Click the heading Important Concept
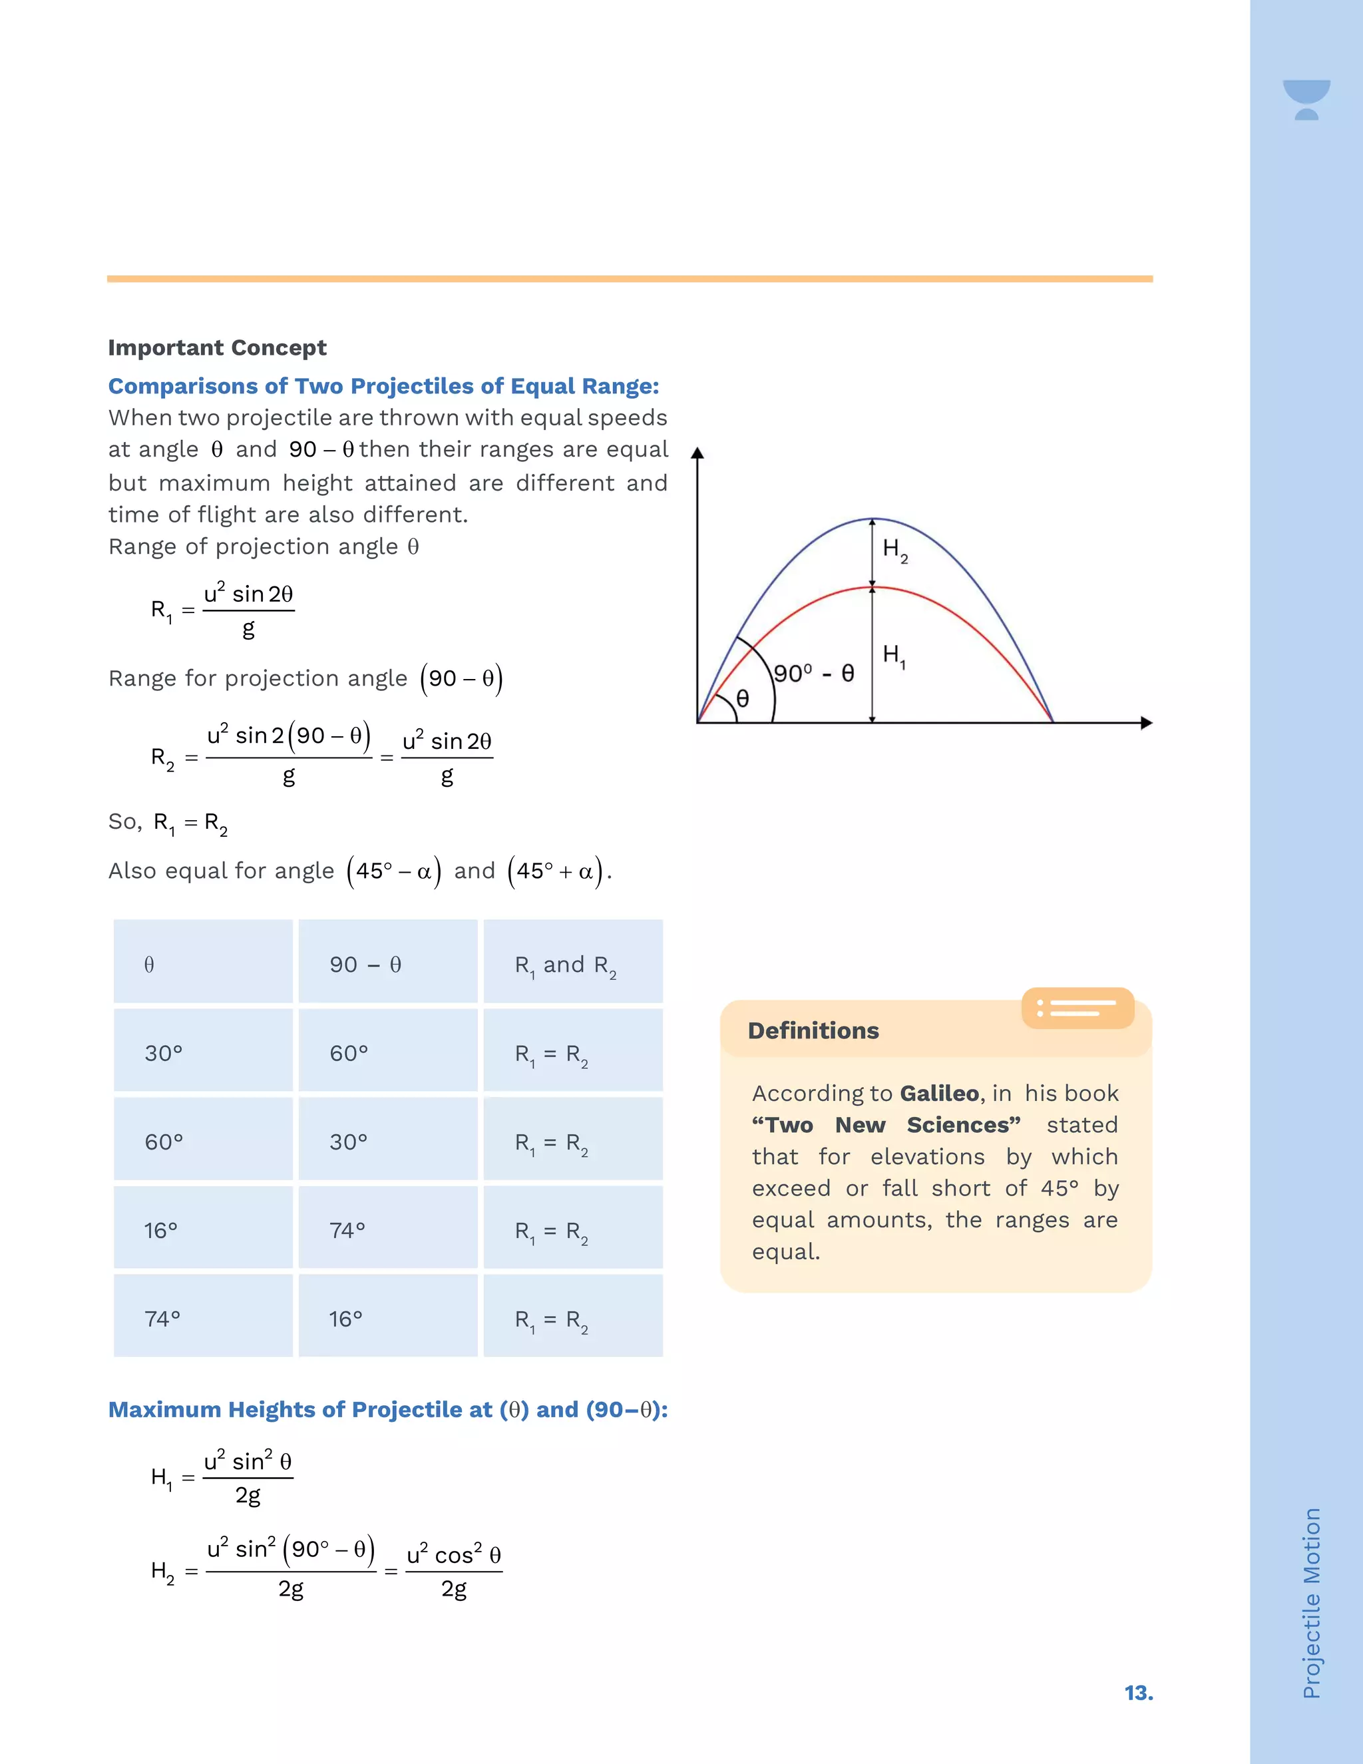pos(217,347)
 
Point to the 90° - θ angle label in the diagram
pos(813,674)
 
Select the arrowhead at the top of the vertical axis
pos(697,453)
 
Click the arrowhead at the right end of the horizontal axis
pos(1146,723)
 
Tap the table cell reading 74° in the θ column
pos(162,1319)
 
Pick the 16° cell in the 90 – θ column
pos(345,1319)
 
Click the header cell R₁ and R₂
pos(565,965)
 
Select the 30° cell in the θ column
pos(164,1053)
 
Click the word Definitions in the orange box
pos(813,1030)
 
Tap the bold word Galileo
pos(939,1093)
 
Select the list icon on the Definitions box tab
pos(1077,1007)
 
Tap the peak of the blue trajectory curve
pos(873,519)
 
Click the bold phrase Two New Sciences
pos(886,1124)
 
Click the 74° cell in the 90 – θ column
pos(347,1230)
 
